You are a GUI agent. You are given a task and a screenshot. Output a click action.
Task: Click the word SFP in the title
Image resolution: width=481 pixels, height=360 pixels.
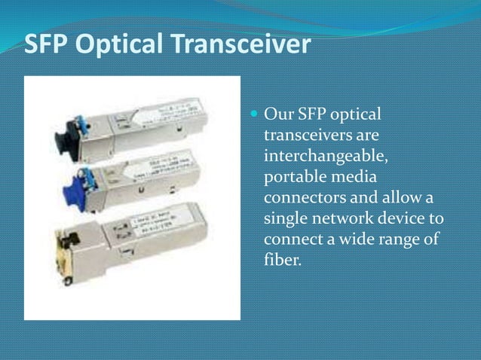point(48,45)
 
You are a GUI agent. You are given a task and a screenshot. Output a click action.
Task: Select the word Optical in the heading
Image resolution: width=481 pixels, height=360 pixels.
point(120,45)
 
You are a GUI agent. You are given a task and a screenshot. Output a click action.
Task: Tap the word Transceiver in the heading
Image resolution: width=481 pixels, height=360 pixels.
point(240,45)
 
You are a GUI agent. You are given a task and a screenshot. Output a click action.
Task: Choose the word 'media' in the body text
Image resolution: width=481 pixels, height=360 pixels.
point(355,178)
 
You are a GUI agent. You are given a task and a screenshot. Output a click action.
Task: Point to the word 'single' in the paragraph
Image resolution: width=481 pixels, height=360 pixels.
point(286,219)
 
